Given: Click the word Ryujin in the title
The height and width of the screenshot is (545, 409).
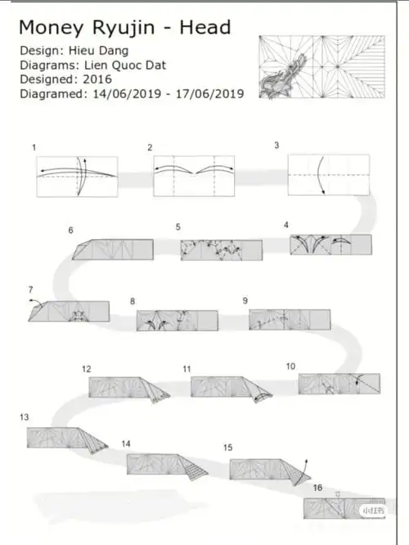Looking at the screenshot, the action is coord(124,28).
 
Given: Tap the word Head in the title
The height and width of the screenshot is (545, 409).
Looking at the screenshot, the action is coord(205,27).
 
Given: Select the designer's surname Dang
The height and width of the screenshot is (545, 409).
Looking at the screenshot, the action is coord(114,52).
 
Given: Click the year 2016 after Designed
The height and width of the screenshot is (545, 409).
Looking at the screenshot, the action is coord(97,79).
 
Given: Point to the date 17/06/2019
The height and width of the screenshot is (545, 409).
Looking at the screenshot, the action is coord(209,94).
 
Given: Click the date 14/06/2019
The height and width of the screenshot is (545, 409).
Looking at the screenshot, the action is coord(127,94).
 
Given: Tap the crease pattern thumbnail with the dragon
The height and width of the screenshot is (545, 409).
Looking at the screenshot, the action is coord(321,67).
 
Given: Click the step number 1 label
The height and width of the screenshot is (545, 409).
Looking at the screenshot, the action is coord(34,147).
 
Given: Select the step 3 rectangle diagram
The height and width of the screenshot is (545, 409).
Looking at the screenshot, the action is coord(328,175).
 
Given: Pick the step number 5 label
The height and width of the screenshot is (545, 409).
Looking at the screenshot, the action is coord(178,227).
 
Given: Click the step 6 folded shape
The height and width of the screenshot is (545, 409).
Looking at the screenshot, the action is coord(113,250).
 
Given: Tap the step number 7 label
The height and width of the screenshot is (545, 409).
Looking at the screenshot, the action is coord(30,290).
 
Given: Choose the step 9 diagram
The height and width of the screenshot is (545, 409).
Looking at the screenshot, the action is coord(290,319).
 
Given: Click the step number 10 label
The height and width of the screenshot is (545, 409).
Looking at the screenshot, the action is coord(290,367).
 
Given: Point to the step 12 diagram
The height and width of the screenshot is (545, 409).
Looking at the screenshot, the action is coord(129,390).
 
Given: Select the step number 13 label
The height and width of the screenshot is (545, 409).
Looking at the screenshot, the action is coord(24,417).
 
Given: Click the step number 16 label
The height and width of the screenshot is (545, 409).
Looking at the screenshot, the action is coord(317,488).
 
